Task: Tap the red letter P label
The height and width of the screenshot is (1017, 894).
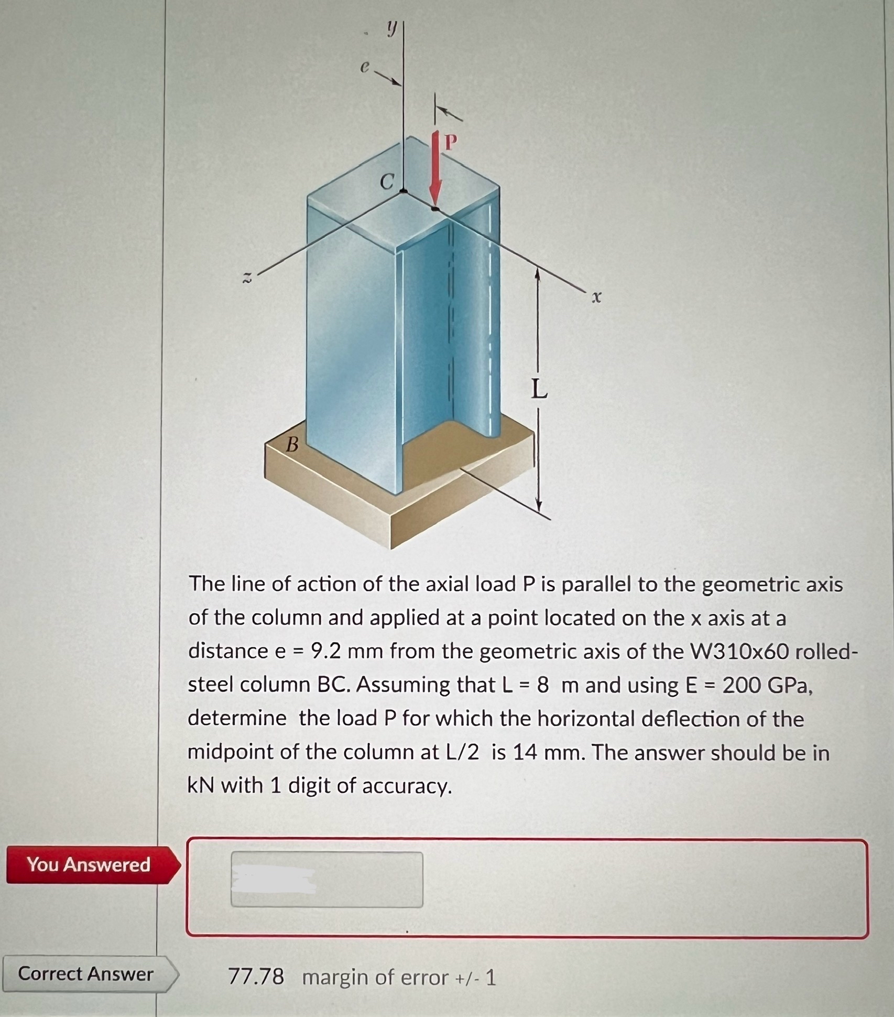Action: point(450,141)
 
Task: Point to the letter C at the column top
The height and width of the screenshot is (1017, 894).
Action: point(387,181)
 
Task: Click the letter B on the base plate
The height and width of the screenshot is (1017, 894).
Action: point(292,445)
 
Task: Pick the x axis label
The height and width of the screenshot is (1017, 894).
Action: point(595,298)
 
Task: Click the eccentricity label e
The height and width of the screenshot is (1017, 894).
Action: point(365,66)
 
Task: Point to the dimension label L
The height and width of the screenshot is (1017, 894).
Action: point(539,389)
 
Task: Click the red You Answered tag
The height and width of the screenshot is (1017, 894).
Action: point(89,864)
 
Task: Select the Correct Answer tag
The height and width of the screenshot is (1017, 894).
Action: point(85,974)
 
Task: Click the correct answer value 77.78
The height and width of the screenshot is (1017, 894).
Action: point(256,977)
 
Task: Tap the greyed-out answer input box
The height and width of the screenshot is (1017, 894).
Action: point(326,880)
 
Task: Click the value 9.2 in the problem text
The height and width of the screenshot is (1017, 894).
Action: point(325,651)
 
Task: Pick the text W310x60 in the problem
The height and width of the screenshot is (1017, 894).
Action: point(739,651)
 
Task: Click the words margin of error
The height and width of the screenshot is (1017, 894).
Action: point(375,978)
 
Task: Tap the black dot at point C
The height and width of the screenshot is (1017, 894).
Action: point(403,191)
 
